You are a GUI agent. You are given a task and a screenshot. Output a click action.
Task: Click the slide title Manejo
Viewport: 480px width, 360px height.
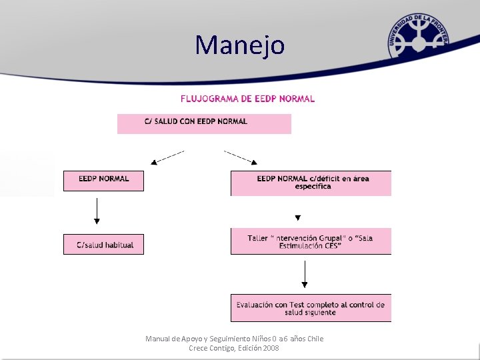click(240, 45)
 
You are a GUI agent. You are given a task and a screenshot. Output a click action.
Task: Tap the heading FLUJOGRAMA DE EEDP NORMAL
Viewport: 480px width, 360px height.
click(247, 99)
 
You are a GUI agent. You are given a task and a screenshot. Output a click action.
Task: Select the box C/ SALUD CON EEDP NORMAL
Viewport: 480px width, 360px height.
click(204, 123)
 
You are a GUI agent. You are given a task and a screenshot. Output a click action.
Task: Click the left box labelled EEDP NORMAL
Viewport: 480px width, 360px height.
click(103, 181)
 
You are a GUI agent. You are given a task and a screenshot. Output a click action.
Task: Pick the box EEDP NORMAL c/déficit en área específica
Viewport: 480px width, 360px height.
click(311, 183)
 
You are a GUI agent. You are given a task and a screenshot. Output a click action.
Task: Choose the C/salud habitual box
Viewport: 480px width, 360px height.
click(103, 245)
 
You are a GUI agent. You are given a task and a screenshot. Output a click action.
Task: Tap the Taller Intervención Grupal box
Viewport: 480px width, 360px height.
click(311, 241)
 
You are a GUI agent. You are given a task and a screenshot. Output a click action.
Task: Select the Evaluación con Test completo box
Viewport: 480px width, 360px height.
click(311, 308)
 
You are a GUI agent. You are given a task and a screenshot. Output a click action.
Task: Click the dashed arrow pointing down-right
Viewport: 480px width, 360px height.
click(241, 157)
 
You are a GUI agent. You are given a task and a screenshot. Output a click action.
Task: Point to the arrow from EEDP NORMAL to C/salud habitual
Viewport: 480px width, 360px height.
click(97, 211)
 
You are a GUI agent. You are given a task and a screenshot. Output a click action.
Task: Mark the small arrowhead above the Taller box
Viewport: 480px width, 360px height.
click(297, 217)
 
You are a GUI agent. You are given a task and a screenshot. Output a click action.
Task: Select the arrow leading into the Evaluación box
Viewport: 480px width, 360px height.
click(305, 274)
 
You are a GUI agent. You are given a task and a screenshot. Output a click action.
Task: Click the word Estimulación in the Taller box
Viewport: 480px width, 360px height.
click(301, 246)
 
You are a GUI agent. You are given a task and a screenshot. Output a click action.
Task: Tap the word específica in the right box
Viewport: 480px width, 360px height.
click(313, 187)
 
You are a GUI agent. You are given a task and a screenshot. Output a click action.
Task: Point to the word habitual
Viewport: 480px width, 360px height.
click(119, 245)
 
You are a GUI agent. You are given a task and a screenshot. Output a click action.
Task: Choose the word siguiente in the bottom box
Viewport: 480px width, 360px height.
click(319, 312)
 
